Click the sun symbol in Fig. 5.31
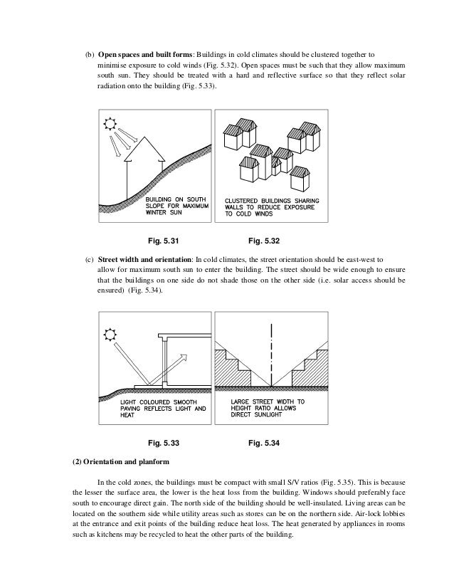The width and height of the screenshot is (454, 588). tap(111, 124)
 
